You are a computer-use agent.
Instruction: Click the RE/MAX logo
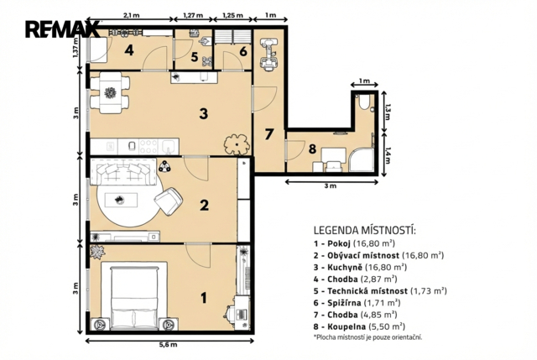coord(62,29)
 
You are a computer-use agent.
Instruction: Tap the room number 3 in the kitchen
coord(204,113)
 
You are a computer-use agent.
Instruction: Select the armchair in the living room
coord(169,201)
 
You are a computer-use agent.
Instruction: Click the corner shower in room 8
coord(361,159)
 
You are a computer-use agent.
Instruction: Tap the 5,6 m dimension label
coord(169,345)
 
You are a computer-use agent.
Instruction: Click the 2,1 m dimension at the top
coord(131,15)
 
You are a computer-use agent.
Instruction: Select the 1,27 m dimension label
coord(193,15)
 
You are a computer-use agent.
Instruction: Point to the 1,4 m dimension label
coord(388,155)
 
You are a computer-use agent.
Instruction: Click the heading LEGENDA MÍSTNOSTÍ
coord(365,230)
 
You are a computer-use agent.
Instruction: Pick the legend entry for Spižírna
coord(357,303)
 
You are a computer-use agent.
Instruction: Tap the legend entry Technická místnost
coord(380,291)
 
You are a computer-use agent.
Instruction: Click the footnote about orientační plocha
coord(368,337)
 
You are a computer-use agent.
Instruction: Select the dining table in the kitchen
coord(110,92)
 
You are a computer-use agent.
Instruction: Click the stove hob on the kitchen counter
coord(149,146)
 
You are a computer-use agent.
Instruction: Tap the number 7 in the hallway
coord(269,134)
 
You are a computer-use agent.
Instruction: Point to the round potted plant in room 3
coord(237,144)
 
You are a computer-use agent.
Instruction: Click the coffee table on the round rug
coord(121,200)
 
